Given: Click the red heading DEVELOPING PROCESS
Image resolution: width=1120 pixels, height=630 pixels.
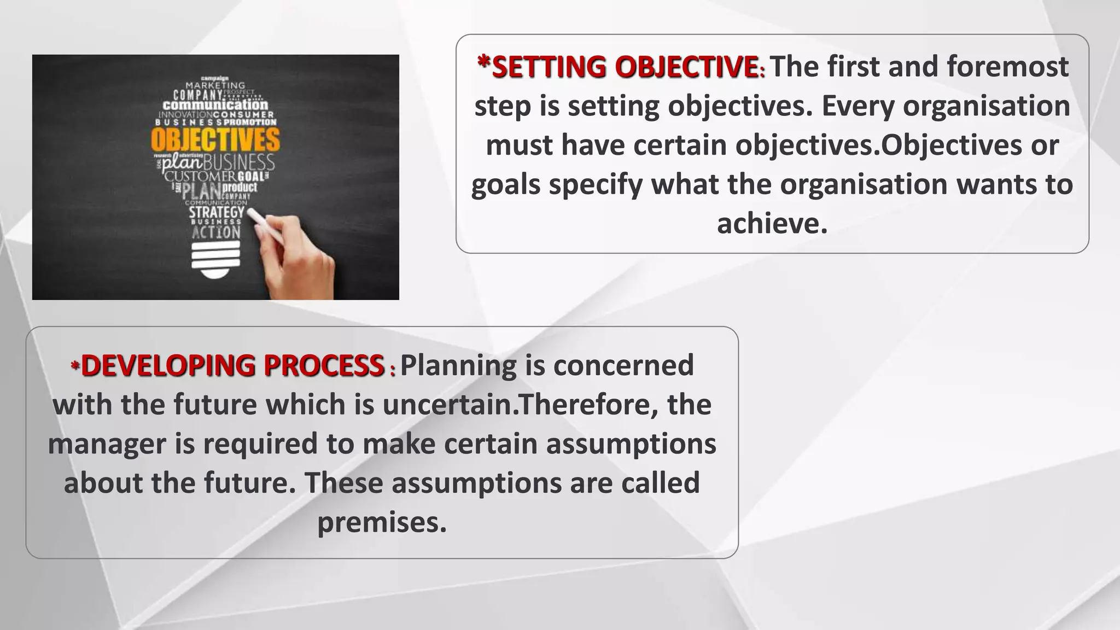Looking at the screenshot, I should pos(232,366).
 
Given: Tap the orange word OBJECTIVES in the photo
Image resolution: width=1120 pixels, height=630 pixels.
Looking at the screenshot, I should pos(215,140).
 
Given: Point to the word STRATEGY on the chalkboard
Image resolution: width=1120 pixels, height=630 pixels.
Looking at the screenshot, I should pos(217,212).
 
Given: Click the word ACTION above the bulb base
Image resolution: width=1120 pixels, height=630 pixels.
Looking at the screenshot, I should pos(216,232).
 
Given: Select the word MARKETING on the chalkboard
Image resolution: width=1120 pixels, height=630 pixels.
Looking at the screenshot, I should pos(215,86).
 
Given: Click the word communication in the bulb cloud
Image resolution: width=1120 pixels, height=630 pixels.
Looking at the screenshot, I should pos(215,104).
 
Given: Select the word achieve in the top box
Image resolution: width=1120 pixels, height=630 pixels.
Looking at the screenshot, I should pos(772,224).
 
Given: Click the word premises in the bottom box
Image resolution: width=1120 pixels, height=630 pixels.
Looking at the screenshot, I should pos(382,522).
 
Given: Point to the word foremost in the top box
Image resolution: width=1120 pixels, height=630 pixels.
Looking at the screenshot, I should pos(1007,67).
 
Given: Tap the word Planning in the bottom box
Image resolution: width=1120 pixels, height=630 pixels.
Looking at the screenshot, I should pos(458,365).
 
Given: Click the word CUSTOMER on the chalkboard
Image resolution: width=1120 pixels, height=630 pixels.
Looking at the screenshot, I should pos(200,177).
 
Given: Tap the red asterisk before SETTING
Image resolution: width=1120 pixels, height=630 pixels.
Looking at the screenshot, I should pos(483,61).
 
